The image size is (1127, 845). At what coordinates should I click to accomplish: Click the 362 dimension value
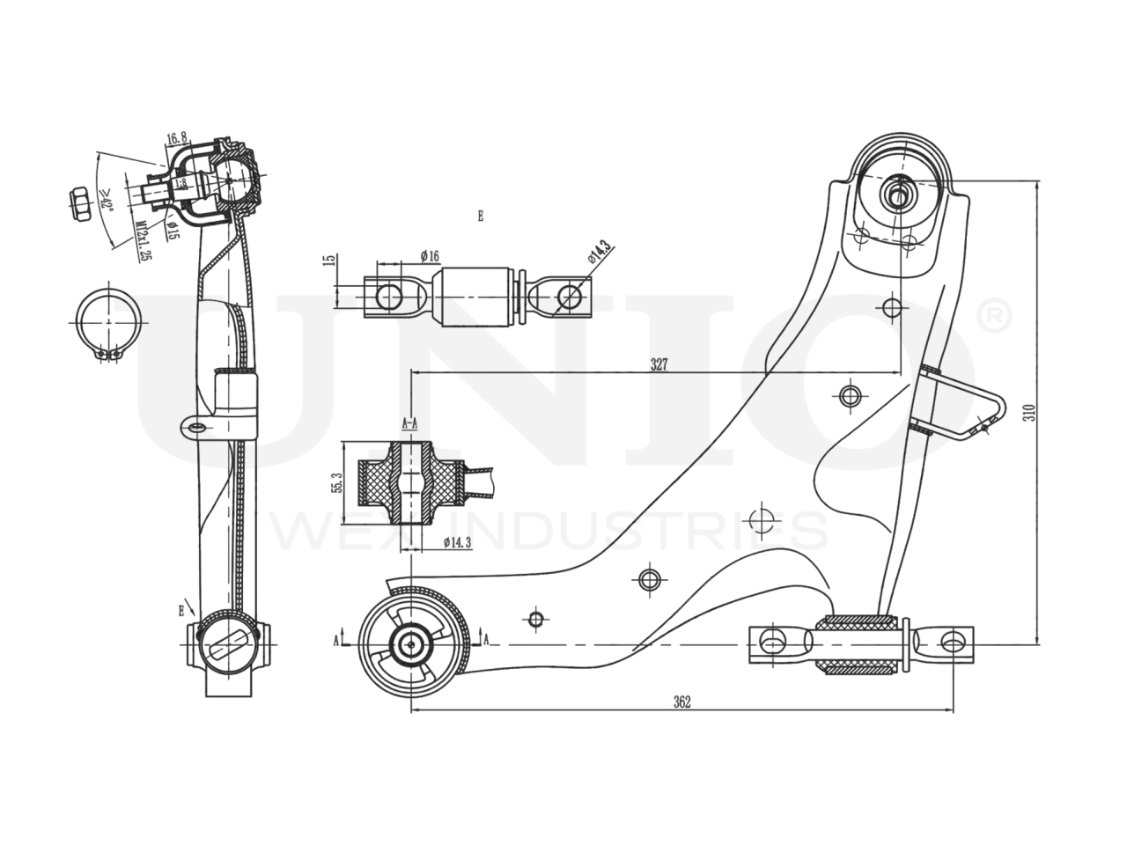(x=681, y=702)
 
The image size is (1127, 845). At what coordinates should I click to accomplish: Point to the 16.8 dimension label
(x=176, y=138)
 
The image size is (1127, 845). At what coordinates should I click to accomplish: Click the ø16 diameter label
(x=430, y=255)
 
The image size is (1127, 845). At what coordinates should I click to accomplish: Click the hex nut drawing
(x=78, y=204)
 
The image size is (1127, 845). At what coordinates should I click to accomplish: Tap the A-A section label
(x=409, y=423)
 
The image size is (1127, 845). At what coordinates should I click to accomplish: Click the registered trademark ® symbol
(x=995, y=319)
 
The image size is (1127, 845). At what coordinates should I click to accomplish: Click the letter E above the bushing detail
(x=481, y=216)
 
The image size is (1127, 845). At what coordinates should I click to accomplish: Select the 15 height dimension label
(x=328, y=263)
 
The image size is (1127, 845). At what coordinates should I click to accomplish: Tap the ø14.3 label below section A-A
(x=456, y=542)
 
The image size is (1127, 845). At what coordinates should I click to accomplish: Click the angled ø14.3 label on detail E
(x=599, y=253)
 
